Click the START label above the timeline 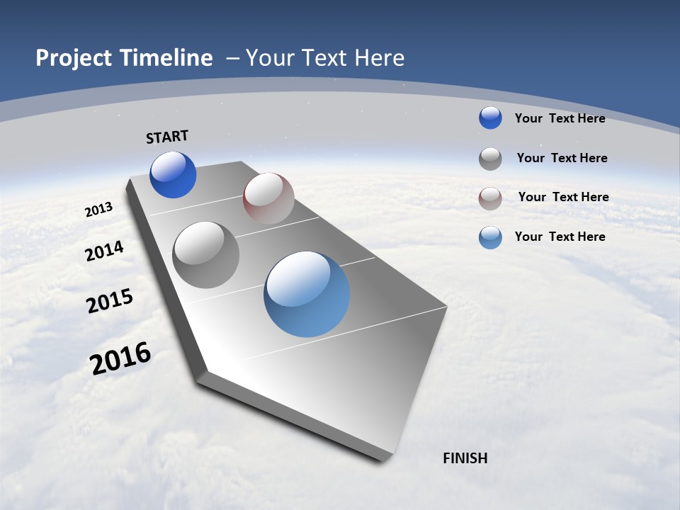tap(167, 137)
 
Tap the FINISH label tap(465, 458)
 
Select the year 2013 tap(98, 210)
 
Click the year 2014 tap(104, 251)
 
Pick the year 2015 tap(110, 301)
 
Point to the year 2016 tap(120, 358)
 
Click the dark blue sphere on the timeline tap(173, 175)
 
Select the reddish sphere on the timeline tap(268, 198)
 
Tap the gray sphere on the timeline tap(206, 255)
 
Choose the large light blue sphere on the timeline tap(307, 294)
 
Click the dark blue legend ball tap(490, 118)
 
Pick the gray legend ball tap(490, 159)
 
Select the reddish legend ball tap(490, 198)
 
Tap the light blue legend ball tap(490, 237)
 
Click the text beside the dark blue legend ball tap(560, 118)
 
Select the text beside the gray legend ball tap(562, 158)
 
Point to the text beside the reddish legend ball tap(563, 197)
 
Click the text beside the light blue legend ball tap(560, 237)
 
